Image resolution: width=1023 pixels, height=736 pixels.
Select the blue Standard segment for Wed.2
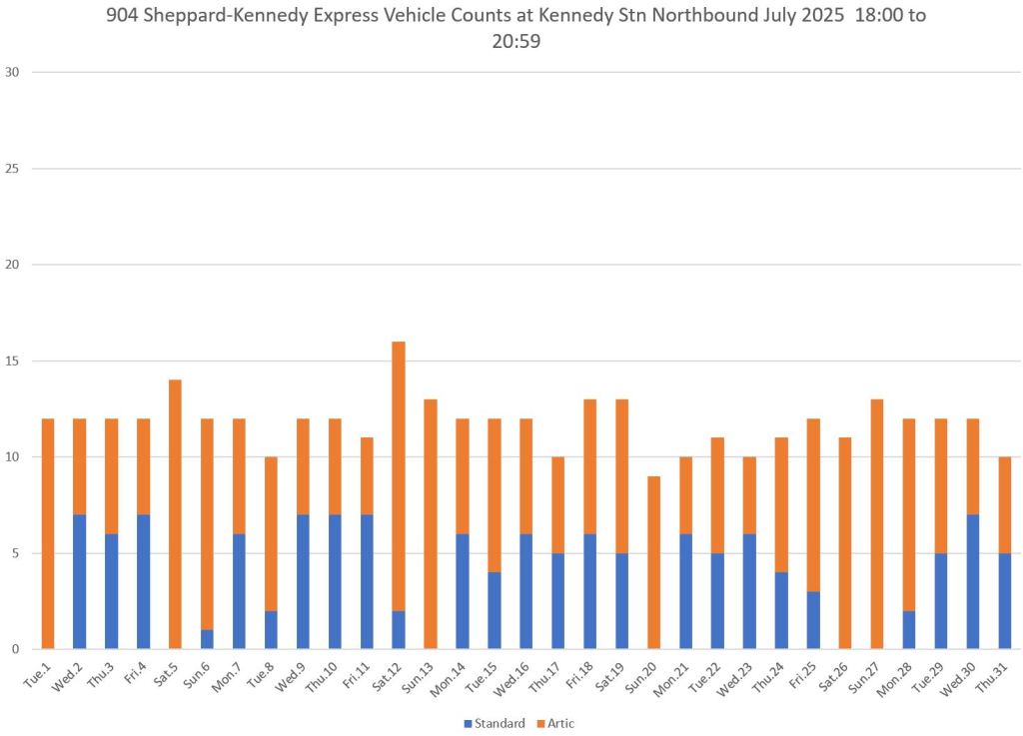point(79,581)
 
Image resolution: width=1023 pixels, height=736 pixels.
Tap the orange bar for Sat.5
point(175,514)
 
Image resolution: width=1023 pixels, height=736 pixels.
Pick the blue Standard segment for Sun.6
point(207,639)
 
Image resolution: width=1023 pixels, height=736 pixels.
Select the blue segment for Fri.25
point(813,619)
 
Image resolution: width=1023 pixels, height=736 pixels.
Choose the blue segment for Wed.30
point(973,581)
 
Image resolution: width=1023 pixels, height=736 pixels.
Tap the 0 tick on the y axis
point(15,649)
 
